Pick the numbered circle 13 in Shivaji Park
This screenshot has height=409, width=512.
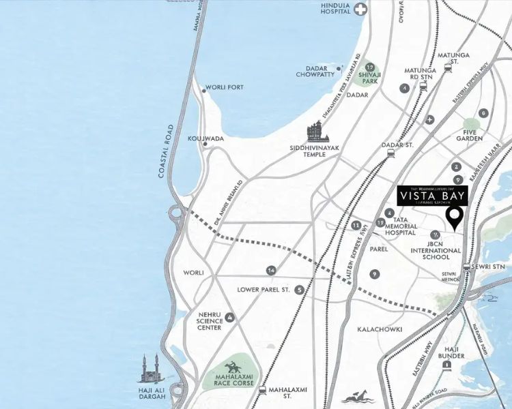369,67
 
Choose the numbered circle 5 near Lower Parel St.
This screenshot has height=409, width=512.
300,290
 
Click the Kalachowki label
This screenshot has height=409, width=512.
380,329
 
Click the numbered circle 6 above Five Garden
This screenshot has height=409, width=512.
483,113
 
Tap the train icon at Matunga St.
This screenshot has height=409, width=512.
448,67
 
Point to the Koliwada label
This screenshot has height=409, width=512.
205,138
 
